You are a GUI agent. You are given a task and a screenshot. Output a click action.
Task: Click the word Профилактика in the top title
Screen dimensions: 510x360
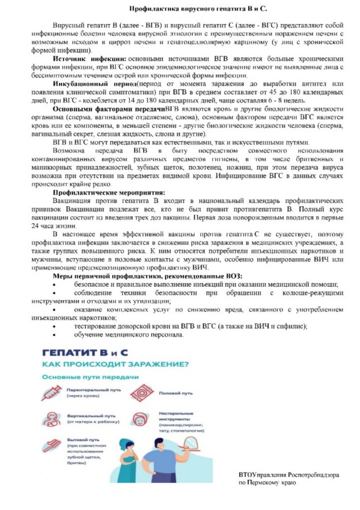click(x=152, y=9)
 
